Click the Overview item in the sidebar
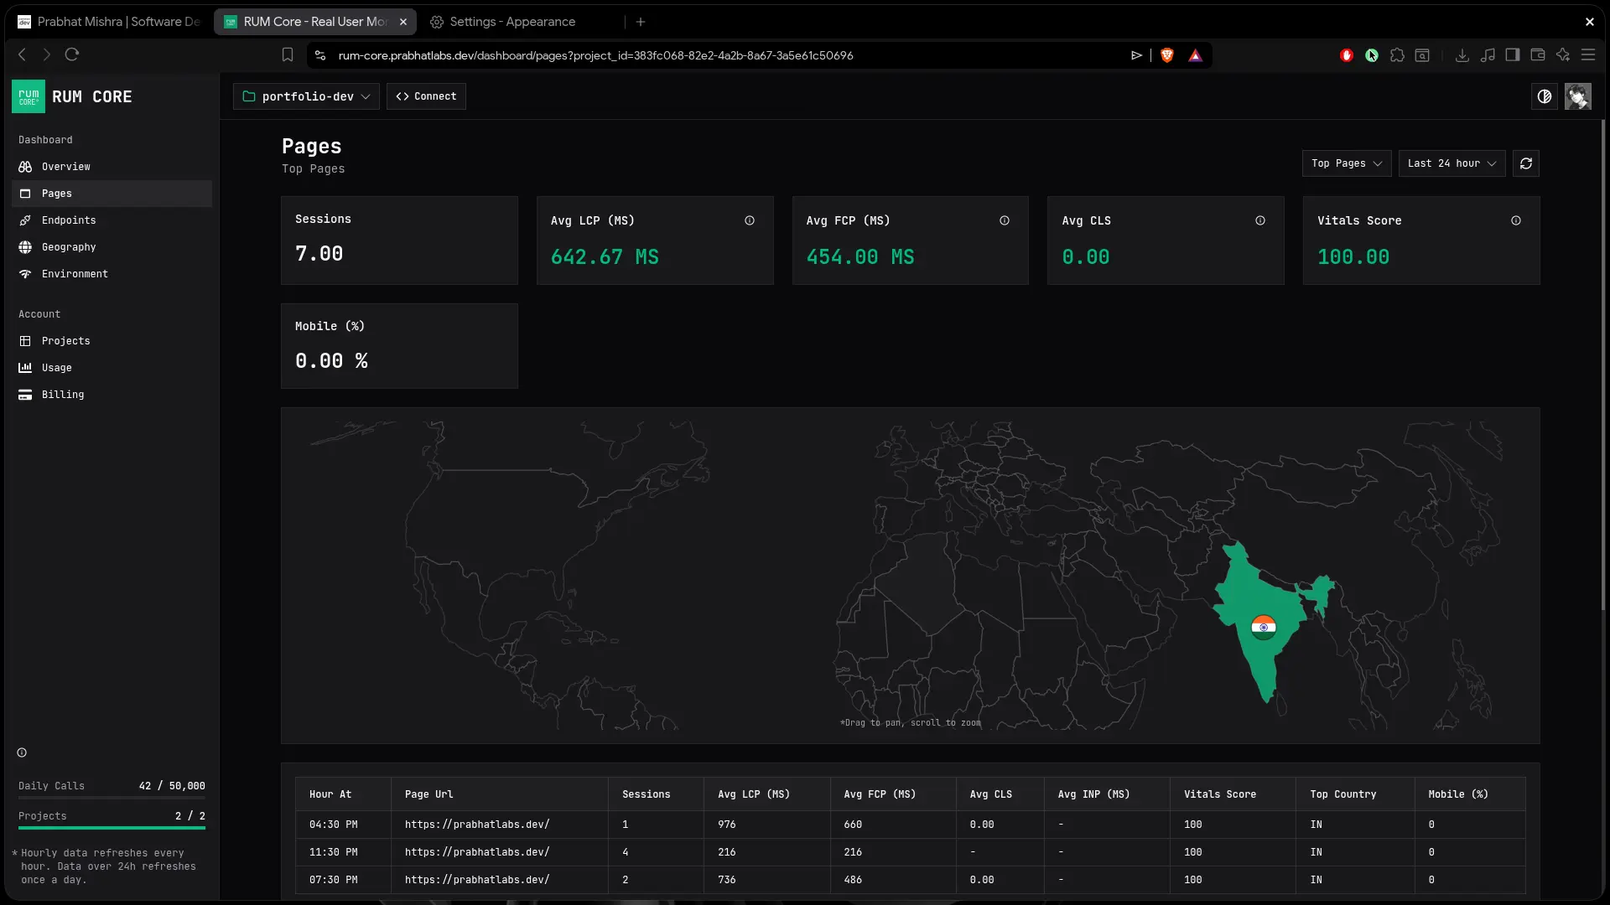click(66, 167)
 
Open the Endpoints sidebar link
click(69, 220)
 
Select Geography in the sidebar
click(69, 247)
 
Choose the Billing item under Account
click(63, 395)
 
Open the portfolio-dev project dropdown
click(306, 96)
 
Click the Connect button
click(426, 96)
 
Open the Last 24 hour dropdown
click(1452, 163)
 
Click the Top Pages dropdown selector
click(1347, 163)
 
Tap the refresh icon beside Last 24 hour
click(1526, 163)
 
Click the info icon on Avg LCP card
click(750, 220)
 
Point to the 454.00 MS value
click(860, 257)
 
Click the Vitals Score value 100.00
click(1353, 257)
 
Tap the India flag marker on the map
click(1264, 627)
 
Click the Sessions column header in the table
click(647, 794)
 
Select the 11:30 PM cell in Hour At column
click(334, 852)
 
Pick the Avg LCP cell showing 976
click(727, 825)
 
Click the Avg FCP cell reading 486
click(853, 880)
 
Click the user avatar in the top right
click(1577, 96)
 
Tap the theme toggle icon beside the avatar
click(1545, 96)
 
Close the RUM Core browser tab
click(403, 22)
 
